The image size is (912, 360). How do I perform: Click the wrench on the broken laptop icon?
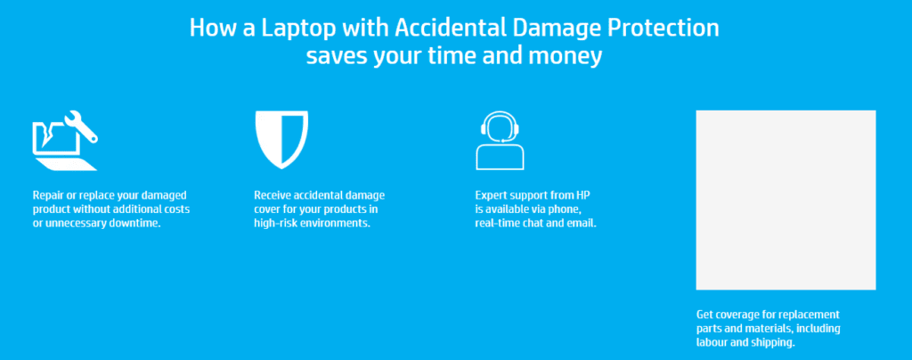pyautogui.click(x=81, y=126)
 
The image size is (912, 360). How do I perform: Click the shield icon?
pyautogui.click(x=281, y=140)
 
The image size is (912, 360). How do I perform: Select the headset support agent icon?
pyautogui.click(x=500, y=140)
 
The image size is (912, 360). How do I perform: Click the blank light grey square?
pyautogui.click(x=786, y=200)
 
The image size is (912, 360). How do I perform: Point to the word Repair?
pyautogui.click(x=47, y=195)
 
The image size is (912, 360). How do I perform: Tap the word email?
pyautogui.click(x=582, y=224)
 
